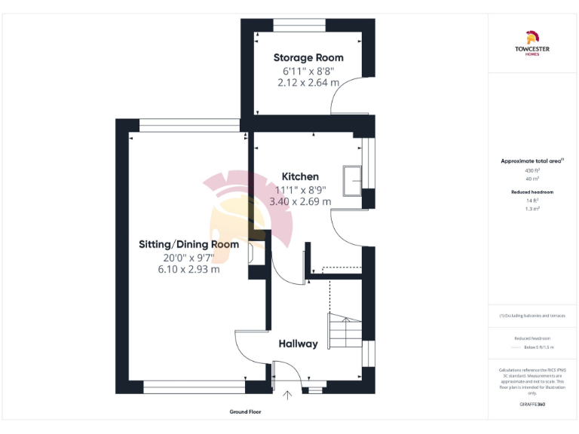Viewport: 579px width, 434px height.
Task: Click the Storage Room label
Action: tap(308, 57)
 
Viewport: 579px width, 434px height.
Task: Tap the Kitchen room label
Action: tap(300, 176)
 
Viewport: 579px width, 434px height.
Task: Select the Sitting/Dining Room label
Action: tap(188, 244)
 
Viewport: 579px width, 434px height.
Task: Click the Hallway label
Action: tap(298, 344)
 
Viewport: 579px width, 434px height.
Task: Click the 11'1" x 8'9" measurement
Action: tap(300, 189)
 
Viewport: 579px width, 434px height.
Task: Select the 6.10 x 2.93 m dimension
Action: tap(188, 269)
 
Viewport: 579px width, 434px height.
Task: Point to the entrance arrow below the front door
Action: tap(286, 394)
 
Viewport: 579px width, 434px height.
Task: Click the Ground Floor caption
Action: tap(245, 412)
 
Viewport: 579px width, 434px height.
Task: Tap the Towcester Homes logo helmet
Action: tap(532, 37)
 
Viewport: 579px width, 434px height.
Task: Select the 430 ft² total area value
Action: tap(532, 170)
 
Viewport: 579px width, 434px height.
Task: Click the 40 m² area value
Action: tap(532, 179)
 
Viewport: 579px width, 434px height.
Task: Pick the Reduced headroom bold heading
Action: tap(532, 192)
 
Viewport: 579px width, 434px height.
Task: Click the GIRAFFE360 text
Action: tap(532, 405)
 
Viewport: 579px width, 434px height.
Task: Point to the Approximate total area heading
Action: tap(532, 160)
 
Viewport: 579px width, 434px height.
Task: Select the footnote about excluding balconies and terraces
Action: tap(532, 316)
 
